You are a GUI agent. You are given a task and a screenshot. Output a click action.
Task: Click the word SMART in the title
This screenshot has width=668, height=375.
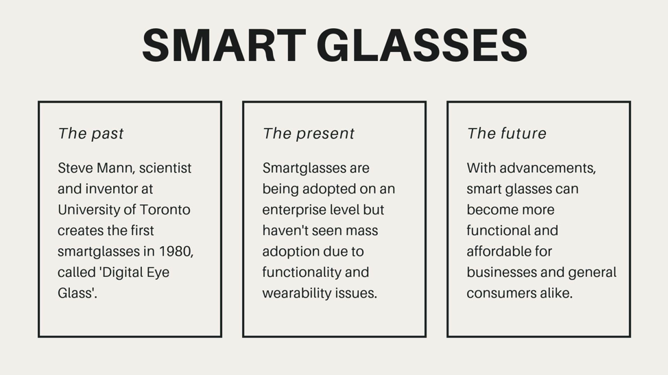tap(224, 45)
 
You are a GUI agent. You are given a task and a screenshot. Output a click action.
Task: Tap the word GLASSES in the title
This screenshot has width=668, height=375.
tap(422, 45)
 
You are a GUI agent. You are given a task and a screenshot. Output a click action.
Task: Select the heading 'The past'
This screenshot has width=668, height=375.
tap(91, 134)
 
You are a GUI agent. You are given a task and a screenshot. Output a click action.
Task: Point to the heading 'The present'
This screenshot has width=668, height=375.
tap(309, 134)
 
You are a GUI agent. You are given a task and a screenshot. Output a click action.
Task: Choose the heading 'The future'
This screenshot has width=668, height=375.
tap(507, 134)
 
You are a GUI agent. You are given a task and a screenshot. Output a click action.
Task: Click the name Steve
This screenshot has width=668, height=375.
tap(75, 168)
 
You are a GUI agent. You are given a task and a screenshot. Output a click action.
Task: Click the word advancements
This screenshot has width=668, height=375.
tap(547, 168)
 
